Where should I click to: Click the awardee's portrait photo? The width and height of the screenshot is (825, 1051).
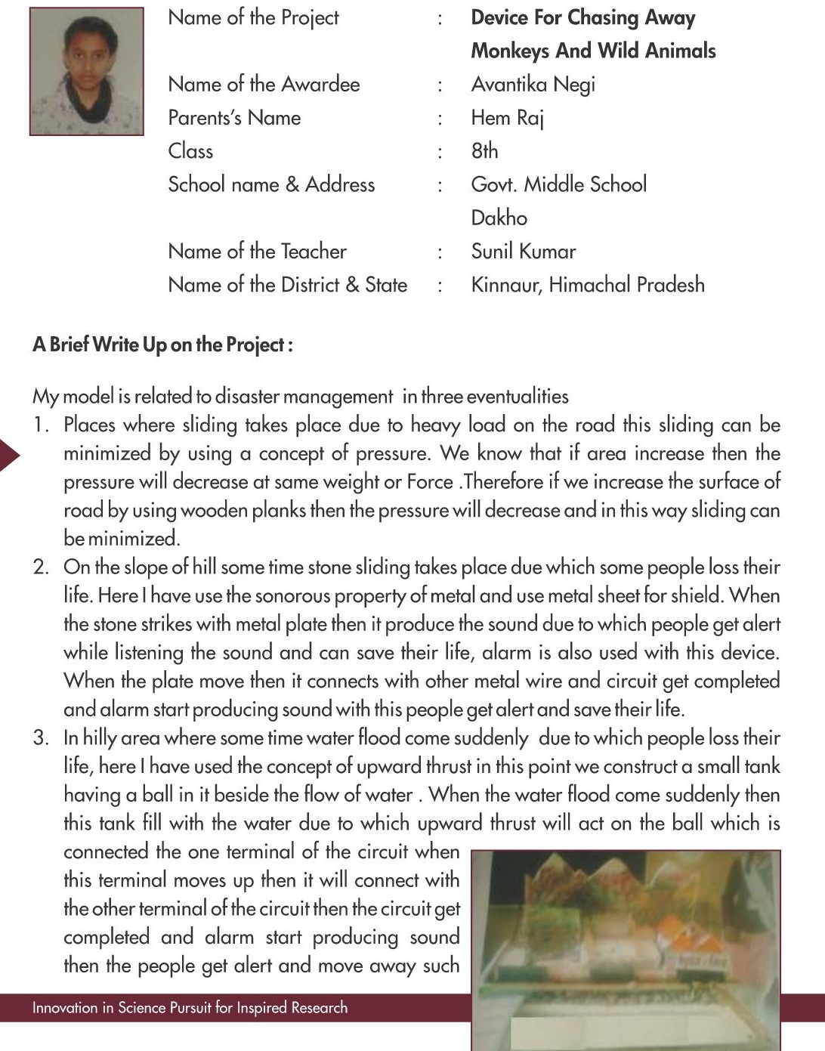(86, 72)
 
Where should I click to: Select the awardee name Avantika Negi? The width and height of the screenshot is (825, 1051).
(533, 85)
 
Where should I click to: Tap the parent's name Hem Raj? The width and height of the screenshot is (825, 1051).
(507, 118)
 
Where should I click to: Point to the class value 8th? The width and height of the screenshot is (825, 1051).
(484, 151)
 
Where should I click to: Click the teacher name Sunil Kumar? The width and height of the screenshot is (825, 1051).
(523, 252)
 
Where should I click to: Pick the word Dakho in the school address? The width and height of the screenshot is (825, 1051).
(499, 218)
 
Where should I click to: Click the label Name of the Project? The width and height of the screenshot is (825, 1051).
(253, 17)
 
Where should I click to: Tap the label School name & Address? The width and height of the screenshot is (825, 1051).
(271, 184)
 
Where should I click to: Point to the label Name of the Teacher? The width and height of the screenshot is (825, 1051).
(257, 252)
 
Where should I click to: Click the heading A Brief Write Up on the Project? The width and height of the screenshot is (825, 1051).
(162, 345)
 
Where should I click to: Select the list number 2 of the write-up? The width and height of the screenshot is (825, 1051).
(41, 567)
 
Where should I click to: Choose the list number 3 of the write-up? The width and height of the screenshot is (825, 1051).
(41, 738)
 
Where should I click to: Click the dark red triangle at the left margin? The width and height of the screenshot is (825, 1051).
(8, 454)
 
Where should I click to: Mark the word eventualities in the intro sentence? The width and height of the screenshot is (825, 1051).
(518, 397)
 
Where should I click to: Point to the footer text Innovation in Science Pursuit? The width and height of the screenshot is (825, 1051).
(190, 1008)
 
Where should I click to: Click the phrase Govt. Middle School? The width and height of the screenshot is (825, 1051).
(558, 184)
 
